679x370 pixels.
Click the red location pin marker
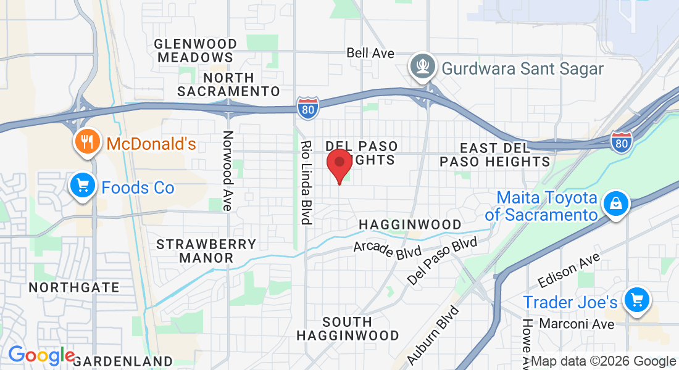coord(339,164)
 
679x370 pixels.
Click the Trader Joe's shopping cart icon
coord(636,301)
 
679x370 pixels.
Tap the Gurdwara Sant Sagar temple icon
coord(423,67)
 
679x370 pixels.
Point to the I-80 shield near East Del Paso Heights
coord(621,142)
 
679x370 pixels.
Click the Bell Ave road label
coord(370,53)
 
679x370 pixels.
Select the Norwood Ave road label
coord(228,171)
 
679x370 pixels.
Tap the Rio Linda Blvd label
coord(305,183)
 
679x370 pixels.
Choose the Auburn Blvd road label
coord(434,335)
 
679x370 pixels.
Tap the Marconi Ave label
coord(577,324)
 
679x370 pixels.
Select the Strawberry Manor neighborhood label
coord(206,250)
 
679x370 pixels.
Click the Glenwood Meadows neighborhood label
coord(196,51)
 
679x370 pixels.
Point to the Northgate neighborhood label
coord(74,287)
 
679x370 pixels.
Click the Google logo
coord(41,356)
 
